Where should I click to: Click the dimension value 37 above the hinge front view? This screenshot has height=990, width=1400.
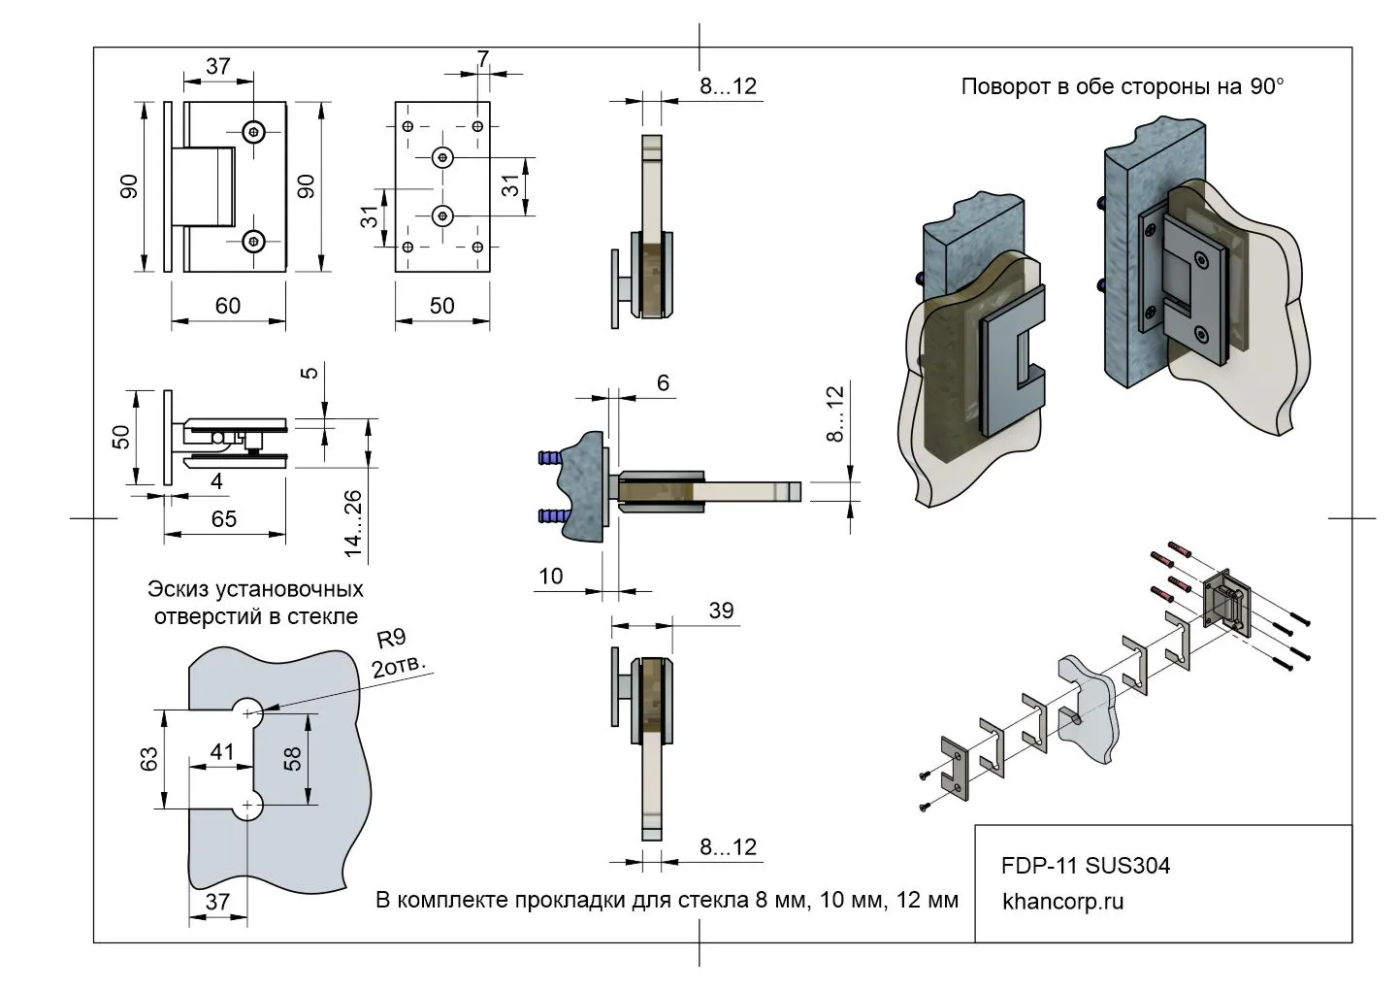218,66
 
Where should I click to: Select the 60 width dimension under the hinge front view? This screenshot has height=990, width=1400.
228,306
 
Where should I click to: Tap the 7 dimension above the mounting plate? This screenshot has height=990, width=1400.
483,58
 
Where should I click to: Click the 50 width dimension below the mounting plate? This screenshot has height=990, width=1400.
441,306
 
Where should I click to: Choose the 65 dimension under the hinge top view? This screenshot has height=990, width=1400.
224,519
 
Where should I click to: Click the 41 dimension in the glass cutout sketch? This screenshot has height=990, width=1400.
222,750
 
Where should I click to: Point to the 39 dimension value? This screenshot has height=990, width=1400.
721,610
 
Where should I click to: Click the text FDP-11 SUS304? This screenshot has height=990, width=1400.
1086,866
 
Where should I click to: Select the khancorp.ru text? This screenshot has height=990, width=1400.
1062,902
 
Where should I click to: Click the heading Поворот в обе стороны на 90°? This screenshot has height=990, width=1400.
1122,87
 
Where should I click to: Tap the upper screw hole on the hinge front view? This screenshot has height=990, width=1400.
255,131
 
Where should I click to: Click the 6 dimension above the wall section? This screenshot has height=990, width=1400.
663,383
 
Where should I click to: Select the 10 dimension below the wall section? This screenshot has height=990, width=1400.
550,577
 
